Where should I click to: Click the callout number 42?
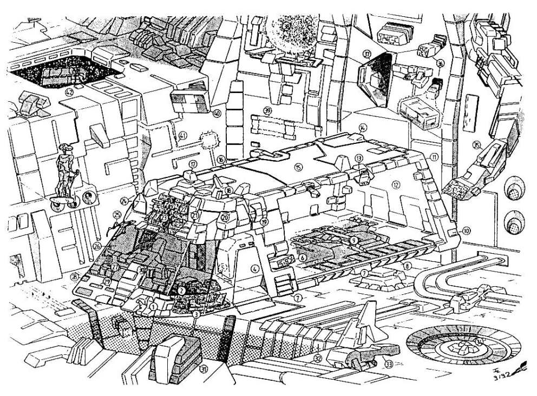[69, 92]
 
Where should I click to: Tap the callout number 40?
[217, 114]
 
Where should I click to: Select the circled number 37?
[366, 54]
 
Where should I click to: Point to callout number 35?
[476, 144]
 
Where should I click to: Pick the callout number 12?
[396, 185]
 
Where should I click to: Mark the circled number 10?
[466, 230]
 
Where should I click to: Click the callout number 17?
[192, 164]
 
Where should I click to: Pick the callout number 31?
[204, 369]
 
